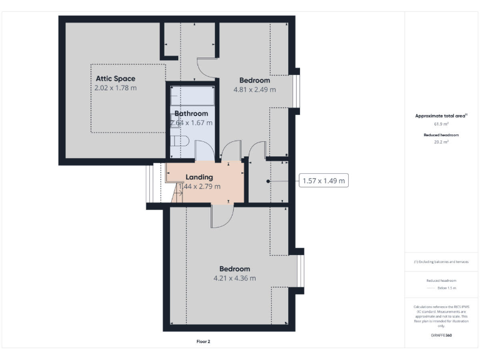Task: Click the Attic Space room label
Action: (x=115, y=79)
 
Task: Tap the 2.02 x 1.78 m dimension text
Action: (x=115, y=88)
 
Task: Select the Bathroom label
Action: (x=191, y=114)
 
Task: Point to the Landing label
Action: (x=199, y=177)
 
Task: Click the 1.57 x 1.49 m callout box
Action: (x=323, y=181)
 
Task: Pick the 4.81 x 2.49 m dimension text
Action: (x=254, y=89)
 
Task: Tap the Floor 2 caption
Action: (x=203, y=342)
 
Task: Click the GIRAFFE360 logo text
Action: (x=441, y=336)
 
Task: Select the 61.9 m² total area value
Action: (x=441, y=124)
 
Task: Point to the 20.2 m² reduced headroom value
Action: (x=441, y=142)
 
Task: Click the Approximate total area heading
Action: (x=441, y=116)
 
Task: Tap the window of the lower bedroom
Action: (x=301, y=273)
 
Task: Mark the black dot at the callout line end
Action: (x=268, y=181)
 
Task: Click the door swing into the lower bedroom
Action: (x=221, y=217)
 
